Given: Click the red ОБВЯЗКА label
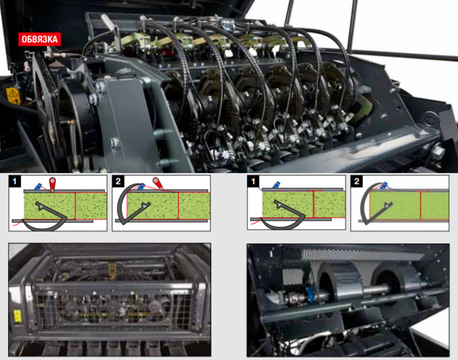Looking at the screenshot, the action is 39,39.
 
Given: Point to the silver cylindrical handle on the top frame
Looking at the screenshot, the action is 107,21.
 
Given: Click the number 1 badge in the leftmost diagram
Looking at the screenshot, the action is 15,181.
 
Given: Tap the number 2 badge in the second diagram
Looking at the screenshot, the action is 118,181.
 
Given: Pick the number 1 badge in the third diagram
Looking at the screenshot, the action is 253,181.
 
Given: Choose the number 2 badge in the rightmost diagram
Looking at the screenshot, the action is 356,181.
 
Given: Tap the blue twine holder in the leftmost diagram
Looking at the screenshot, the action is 38,186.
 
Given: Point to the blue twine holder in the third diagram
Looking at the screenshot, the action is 276,185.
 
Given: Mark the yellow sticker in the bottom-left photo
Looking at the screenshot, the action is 17,317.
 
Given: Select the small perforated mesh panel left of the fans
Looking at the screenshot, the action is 293,277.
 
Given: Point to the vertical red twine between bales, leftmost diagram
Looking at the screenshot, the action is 75,206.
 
